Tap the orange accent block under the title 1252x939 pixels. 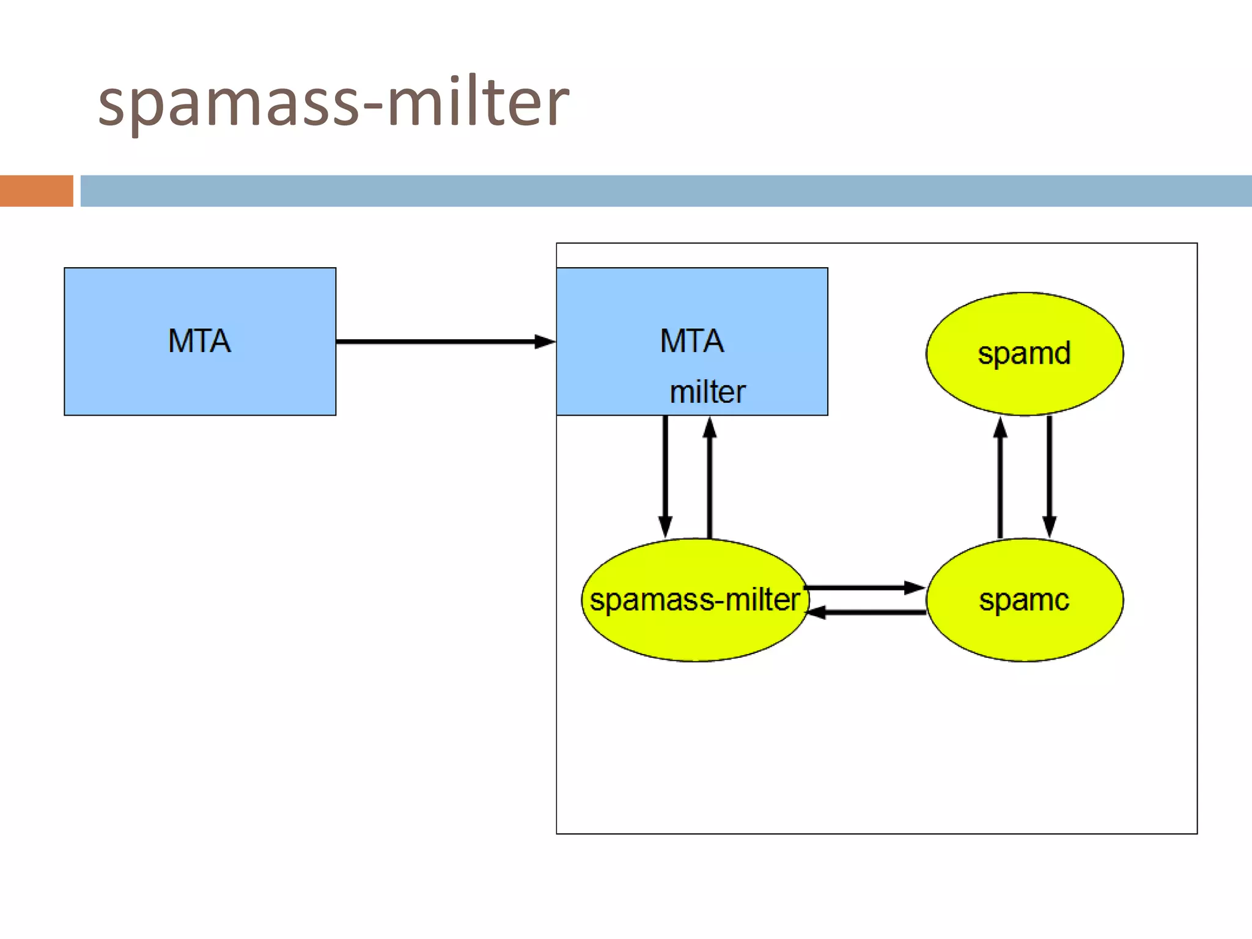coord(36,191)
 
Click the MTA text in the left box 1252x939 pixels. coord(200,341)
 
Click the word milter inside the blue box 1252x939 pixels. coord(707,392)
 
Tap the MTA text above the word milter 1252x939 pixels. coord(692,341)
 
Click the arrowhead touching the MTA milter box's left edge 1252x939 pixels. coord(545,341)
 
